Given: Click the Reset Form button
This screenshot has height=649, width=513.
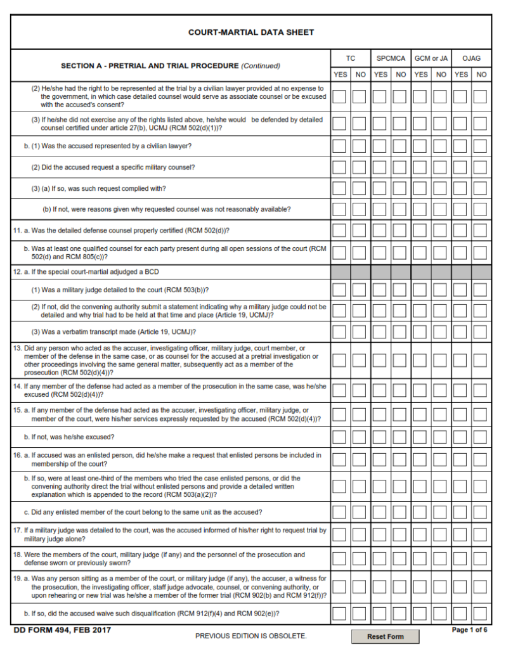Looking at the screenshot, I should (x=386, y=636).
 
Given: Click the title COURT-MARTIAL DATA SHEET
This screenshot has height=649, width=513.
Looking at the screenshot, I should (x=251, y=32).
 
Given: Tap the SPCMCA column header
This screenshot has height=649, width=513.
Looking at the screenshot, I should (x=391, y=58).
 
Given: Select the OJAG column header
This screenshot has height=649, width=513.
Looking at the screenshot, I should (x=471, y=58).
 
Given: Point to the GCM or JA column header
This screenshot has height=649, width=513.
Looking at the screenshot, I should (x=431, y=58).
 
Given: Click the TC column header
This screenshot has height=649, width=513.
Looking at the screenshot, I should (x=350, y=58).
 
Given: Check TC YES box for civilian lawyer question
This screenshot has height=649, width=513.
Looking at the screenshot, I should (x=340, y=146).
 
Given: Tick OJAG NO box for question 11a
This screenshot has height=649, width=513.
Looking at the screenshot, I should (x=481, y=231).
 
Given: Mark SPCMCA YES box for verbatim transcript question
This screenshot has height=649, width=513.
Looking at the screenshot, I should (x=380, y=332).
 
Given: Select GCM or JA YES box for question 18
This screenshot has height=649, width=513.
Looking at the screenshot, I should (x=421, y=558).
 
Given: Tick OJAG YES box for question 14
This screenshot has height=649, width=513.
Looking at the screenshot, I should (x=461, y=390).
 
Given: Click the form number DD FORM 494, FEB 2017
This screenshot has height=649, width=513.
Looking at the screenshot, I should (x=62, y=630).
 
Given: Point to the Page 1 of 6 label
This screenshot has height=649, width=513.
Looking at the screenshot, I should (x=469, y=630).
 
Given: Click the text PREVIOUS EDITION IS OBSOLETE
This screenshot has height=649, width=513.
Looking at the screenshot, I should (x=251, y=636).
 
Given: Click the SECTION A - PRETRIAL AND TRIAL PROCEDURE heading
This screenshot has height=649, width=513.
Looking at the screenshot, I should (x=171, y=66).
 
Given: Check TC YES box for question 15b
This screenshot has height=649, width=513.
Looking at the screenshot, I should (x=340, y=437).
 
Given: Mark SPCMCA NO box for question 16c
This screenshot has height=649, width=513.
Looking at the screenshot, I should (x=400, y=512).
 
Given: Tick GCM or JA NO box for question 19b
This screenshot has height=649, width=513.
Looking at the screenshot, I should (x=441, y=614).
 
